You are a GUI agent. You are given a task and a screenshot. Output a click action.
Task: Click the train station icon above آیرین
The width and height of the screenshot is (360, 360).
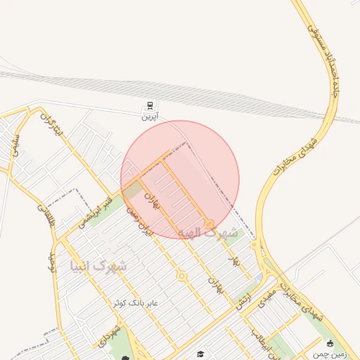(149, 106)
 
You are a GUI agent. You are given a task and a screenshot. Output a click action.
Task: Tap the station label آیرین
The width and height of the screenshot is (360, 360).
(149, 117)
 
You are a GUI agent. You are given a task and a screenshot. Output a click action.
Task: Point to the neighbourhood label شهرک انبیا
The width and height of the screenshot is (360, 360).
(98, 266)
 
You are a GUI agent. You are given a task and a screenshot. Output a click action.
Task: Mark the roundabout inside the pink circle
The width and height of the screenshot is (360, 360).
(209, 224)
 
